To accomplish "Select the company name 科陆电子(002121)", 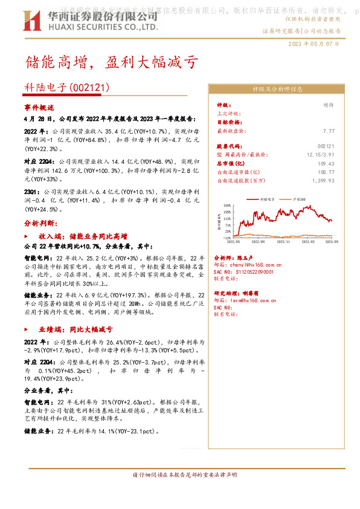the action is tap(67, 88).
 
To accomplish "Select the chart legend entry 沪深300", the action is tap(298, 198).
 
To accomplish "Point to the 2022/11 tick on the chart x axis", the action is tap(284, 241).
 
